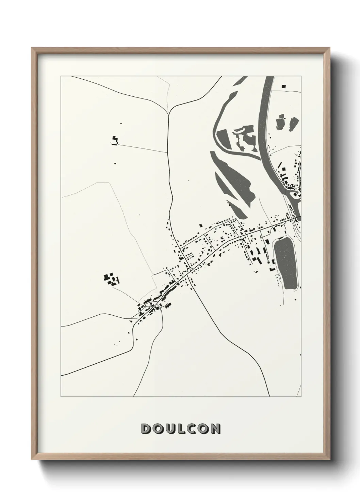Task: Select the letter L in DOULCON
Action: point(181,429)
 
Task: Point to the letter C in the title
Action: point(192,429)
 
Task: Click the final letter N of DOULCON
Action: point(215,429)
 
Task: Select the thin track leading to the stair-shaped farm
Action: point(143,148)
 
